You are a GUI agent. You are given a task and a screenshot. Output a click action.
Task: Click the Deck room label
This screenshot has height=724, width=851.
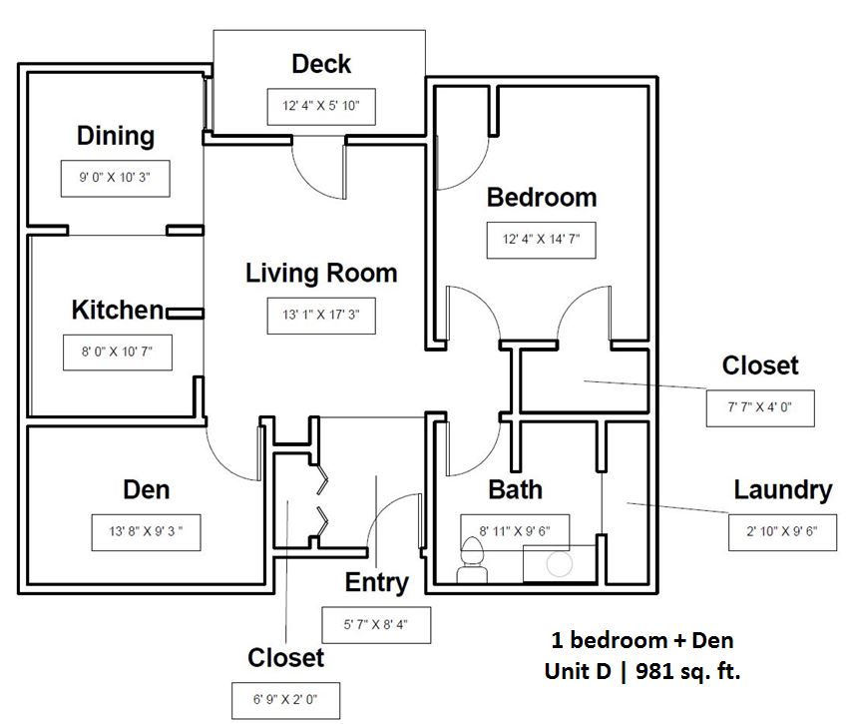click(x=321, y=65)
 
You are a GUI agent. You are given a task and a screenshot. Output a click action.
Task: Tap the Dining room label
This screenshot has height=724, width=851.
click(x=116, y=136)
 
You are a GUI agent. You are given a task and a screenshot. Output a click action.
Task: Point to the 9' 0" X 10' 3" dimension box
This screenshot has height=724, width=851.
click(x=115, y=179)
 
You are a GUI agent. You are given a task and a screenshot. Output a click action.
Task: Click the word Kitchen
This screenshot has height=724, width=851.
click(x=117, y=310)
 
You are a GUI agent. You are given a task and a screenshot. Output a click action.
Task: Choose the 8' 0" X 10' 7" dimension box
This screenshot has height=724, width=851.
click(x=115, y=352)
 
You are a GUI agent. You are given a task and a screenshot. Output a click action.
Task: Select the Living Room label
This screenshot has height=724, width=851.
click(x=321, y=273)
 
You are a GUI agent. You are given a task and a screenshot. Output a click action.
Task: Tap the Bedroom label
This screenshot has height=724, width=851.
click(x=542, y=198)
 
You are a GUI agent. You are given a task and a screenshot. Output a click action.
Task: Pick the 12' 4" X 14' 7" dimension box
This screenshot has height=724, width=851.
click(x=542, y=240)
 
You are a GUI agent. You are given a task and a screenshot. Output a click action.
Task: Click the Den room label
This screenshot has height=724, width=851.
click(x=146, y=489)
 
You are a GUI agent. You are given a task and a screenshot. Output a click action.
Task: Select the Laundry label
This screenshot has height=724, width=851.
click(x=782, y=490)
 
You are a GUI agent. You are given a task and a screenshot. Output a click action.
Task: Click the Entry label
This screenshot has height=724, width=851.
click(x=377, y=582)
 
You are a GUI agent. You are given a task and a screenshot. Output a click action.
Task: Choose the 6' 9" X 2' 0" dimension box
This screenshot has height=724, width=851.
click(x=286, y=700)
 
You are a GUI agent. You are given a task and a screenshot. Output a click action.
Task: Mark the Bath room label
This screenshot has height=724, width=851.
click(x=516, y=489)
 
